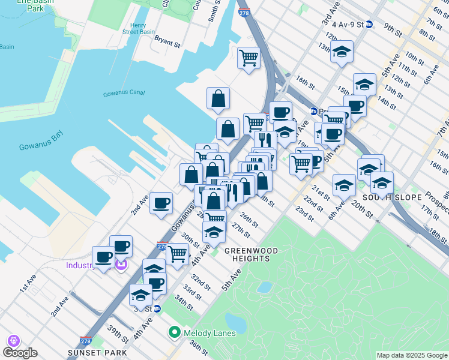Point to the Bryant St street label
[x=167, y=43]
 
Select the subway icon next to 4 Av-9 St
[x=370, y=25]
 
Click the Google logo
[x=20, y=353]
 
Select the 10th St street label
[x=414, y=57]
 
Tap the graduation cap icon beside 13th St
[x=342, y=52]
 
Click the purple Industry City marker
[x=121, y=265]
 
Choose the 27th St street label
[x=240, y=230]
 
